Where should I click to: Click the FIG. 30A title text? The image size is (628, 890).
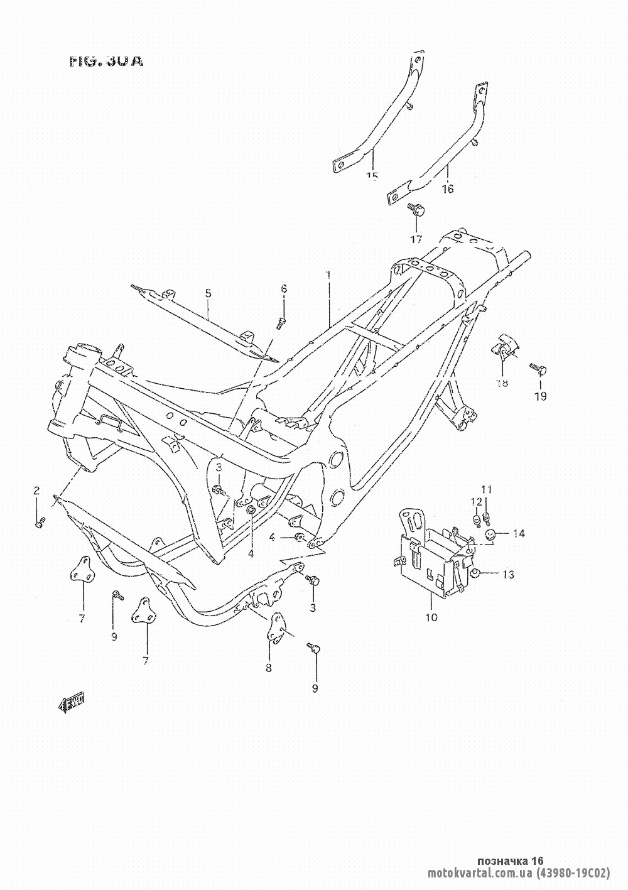(x=106, y=62)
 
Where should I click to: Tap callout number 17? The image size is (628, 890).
(x=416, y=239)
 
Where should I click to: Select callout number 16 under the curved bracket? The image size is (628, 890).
(x=448, y=188)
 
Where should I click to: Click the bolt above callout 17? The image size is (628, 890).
(x=416, y=209)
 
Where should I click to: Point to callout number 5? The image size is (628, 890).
(x=208, y=293)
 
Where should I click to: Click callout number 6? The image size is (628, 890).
(x=284, y=288)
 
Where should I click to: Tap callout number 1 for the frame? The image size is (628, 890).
(x=327, y=275)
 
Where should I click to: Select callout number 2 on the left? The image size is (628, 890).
(x=36, y=490)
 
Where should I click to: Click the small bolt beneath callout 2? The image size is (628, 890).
(x=40, y=520)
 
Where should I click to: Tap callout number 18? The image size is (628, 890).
(x=502, y=383)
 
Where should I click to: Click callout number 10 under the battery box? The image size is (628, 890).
(x=431, y=617)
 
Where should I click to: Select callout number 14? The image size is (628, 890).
(x=518, y=534)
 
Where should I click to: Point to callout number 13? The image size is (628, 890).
(x=508, y=574)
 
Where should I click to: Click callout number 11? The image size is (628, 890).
(x=487, y=489)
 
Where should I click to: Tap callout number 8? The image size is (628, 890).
(x=269, y=668)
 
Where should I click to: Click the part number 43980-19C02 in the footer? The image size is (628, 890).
(x=573, y=873)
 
